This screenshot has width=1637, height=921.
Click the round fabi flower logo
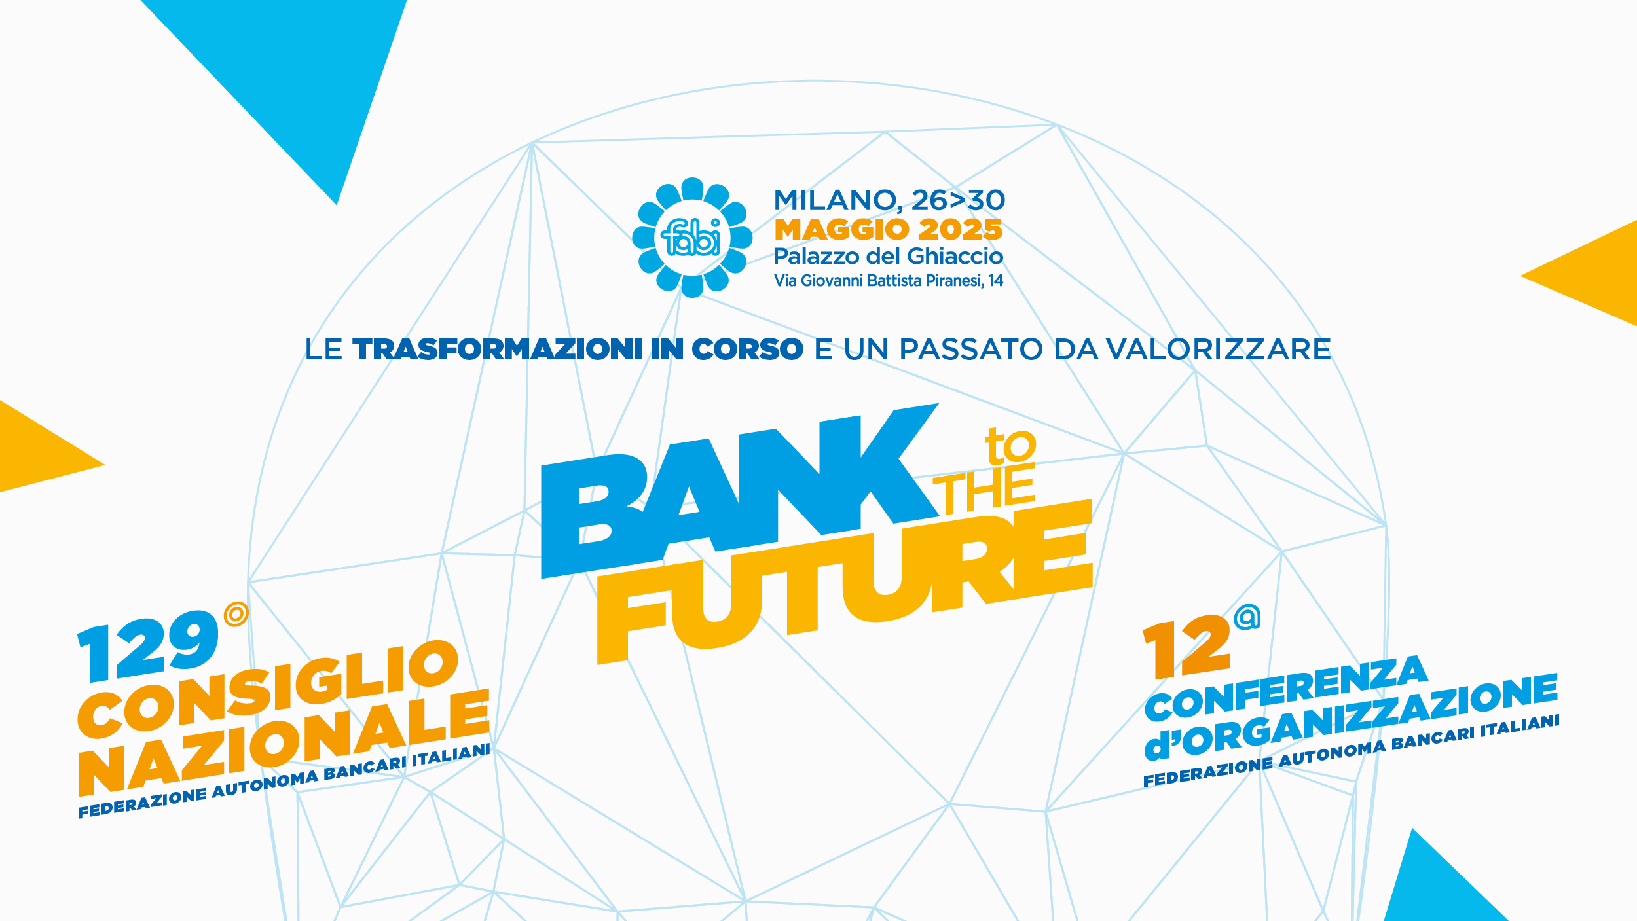coord(692,238)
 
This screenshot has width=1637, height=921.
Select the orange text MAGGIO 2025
coord(889,230)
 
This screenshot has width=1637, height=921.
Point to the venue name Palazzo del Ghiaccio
coord(889,256)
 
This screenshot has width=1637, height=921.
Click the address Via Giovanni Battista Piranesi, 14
coord(889,281)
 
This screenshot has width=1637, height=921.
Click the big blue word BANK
coord(740,491)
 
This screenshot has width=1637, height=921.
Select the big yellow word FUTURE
coord(845,583)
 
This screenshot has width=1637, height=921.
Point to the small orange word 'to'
coord(1010,446)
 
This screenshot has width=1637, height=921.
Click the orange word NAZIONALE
coord(284,743)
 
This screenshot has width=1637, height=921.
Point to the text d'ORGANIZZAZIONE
coord(1351,718)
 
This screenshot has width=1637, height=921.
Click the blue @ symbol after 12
coord(1247,617)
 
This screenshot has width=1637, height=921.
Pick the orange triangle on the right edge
coord(1591,274)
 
